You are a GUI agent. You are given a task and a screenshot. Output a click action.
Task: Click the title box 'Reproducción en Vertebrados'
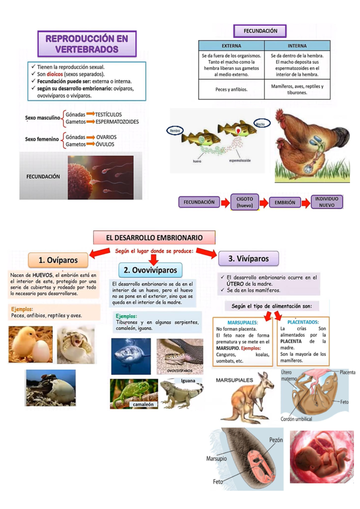click(x=87, y=44)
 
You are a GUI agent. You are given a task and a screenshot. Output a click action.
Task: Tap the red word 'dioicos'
click(x=55, y=74)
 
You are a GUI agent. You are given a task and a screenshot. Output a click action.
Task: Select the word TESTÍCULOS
click(x=108, y=114)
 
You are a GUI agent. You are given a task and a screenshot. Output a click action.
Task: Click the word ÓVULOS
click(x=105, y=144)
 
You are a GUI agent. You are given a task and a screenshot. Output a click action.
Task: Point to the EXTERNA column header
click(x=231, y=46)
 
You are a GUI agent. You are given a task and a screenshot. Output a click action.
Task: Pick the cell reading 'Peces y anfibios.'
click(x=231, y=89)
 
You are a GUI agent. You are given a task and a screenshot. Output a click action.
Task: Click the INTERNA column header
click(x=297, y=46)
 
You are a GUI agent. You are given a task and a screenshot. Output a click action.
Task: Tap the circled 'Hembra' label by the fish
click(x=175, y=131)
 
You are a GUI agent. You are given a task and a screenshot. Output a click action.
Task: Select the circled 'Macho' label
click(x=262, y=123)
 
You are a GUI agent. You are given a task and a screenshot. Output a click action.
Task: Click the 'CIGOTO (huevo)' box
click(x=244, y=202)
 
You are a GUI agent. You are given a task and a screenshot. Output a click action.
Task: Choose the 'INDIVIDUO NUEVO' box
click(x=326, y=202)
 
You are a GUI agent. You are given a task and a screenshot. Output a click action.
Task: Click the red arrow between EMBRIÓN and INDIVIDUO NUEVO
click(x=305, y=203)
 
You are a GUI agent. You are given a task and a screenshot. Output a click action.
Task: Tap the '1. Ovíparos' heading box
click(x=58, y=260)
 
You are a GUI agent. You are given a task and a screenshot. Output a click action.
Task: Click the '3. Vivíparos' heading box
click(x=248, y=259)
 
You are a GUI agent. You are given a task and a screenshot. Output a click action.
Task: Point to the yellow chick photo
click(x=30, y=344)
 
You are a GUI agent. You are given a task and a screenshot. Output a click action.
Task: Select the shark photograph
click(x=131, y=356)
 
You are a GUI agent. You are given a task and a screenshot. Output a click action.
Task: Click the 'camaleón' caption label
click(x=143, y=405)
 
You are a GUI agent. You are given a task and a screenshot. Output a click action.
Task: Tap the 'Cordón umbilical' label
click(x=296, y=419)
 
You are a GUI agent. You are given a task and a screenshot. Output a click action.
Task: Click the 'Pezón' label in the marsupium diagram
click(x=276, y=440)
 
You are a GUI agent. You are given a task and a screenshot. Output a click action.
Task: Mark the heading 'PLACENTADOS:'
click(x=303, y=322)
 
